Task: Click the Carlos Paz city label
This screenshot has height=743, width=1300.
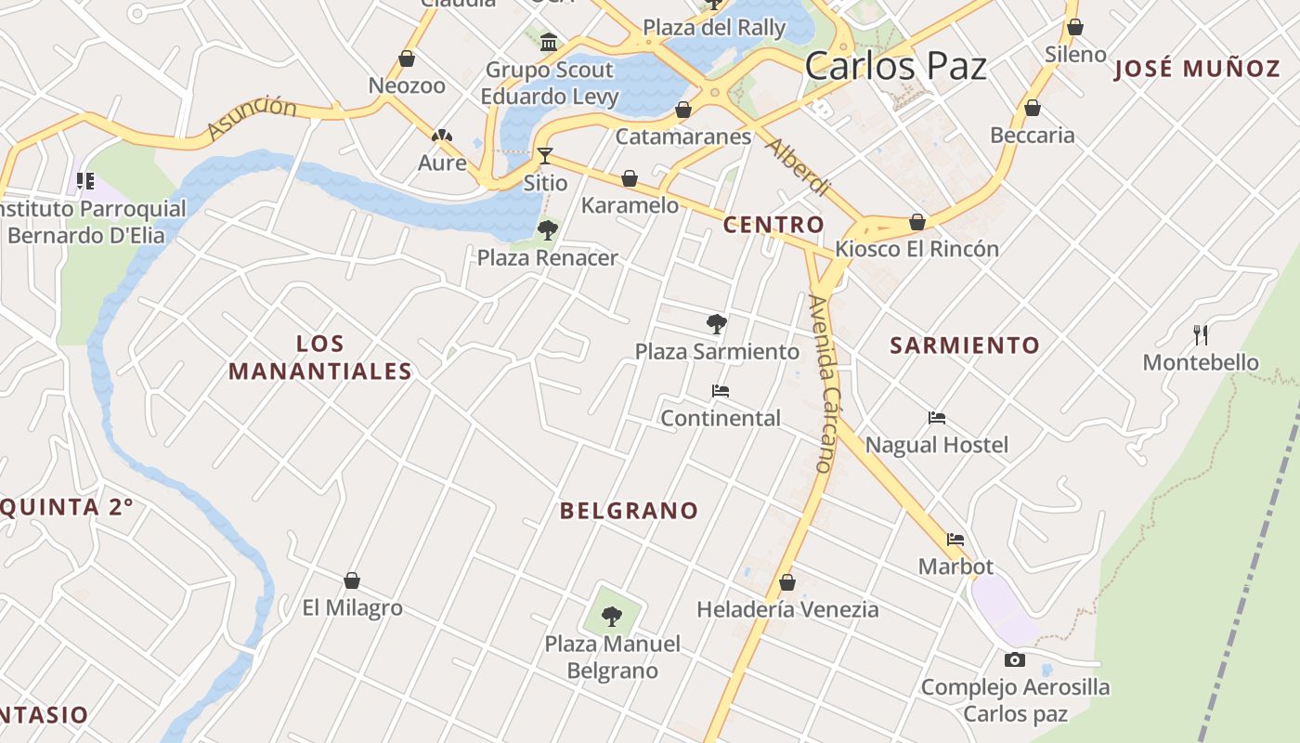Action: click(x=895, y=66)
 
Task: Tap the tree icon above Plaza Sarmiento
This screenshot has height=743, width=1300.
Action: click(x=716, y=323)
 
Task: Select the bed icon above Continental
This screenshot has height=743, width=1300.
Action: click(x=720, y=391)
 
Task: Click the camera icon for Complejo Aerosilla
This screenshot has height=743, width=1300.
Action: click(x=1015, y=659)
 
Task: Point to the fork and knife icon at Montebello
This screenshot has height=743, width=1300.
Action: click(x=1201, y=335)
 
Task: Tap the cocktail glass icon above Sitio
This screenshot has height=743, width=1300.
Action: click(x=545, y=155)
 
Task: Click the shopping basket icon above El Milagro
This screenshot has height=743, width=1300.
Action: click(x=352, y=580)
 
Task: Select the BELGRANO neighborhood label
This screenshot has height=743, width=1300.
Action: click(x=629, y=510)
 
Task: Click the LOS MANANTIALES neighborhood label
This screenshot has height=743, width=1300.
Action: click(x=320, y=358)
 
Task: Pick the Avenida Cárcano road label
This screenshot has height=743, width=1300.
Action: click(x=820, y=383)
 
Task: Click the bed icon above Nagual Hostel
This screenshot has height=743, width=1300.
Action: click(x=937, y=418)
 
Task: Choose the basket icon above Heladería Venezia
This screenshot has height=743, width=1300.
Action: click(x=787, y=582)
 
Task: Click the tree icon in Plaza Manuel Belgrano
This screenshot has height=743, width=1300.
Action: click(x=611, y=615)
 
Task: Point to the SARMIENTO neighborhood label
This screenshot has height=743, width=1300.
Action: click(x=965, y=345)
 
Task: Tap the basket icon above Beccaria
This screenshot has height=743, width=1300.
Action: click(x=1033, y=109)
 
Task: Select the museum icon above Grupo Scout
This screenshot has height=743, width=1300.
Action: click(x=549, y=42)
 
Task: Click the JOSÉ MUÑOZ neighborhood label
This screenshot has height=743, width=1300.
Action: click(x=1197, y=68)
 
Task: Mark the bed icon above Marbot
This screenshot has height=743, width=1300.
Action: click(x=955, y=540)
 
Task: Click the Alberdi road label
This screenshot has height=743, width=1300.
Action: click(x=796, y=168)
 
